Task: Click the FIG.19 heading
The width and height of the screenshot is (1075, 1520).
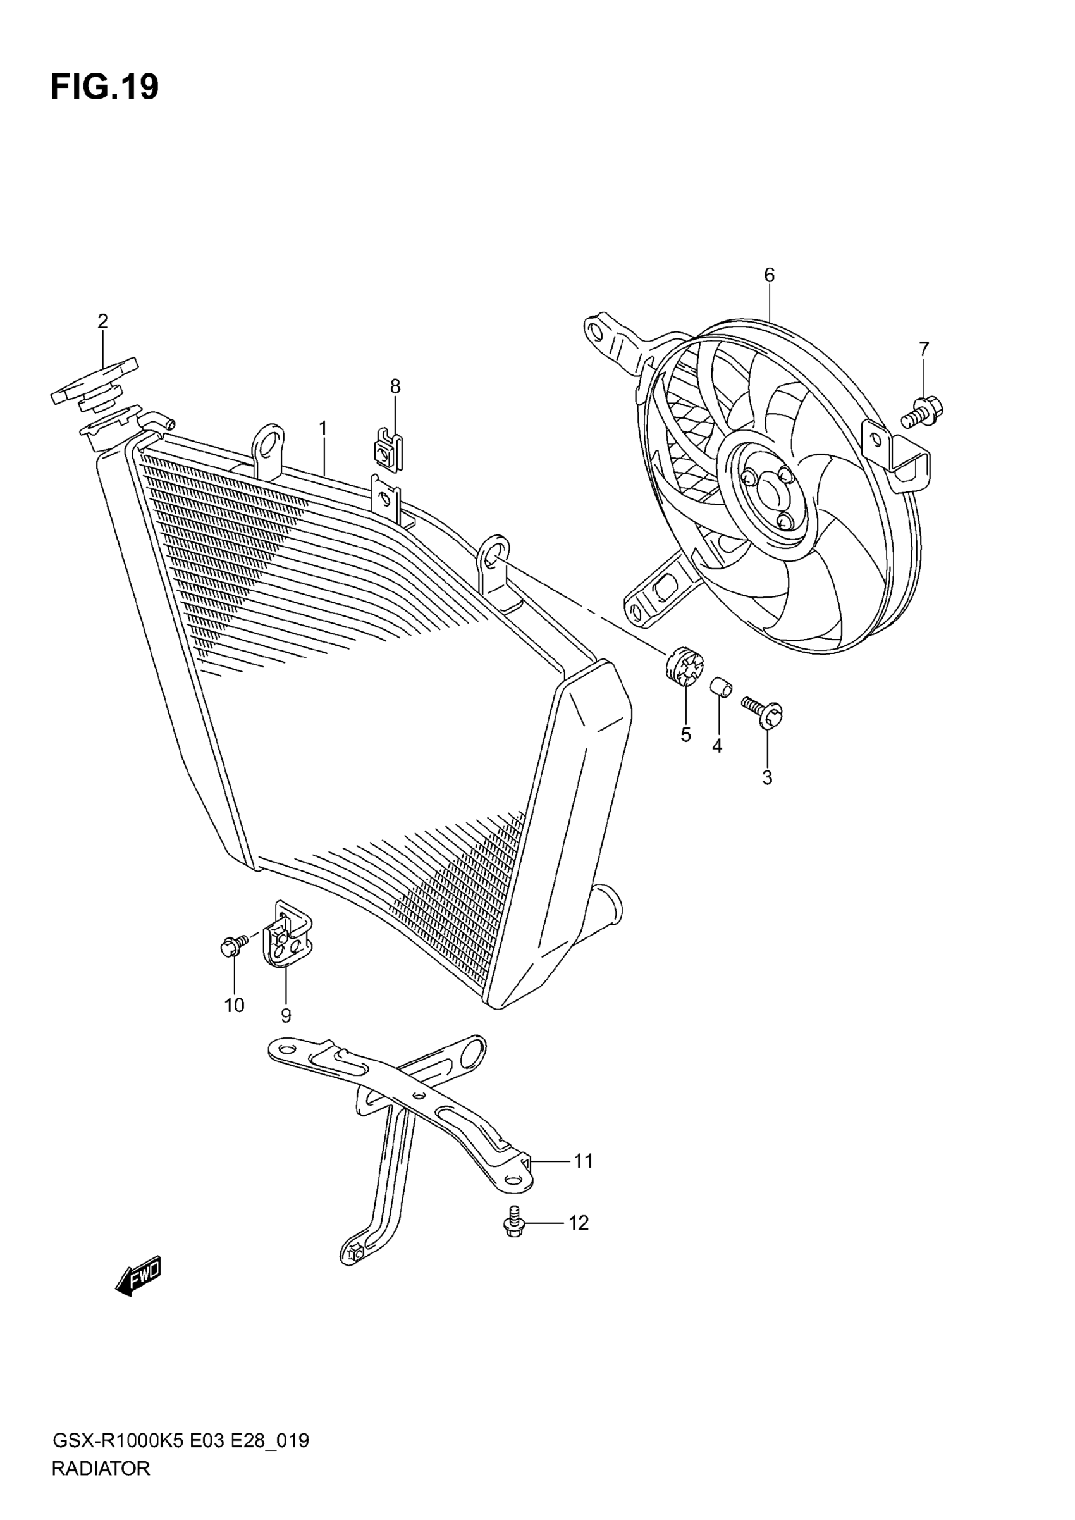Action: click(104, 87)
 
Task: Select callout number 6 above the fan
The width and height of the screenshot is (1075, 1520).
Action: click(768, 275)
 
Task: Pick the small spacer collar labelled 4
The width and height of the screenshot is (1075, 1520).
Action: click(721, 688)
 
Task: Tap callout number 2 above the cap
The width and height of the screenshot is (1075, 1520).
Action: click(102, 322)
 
